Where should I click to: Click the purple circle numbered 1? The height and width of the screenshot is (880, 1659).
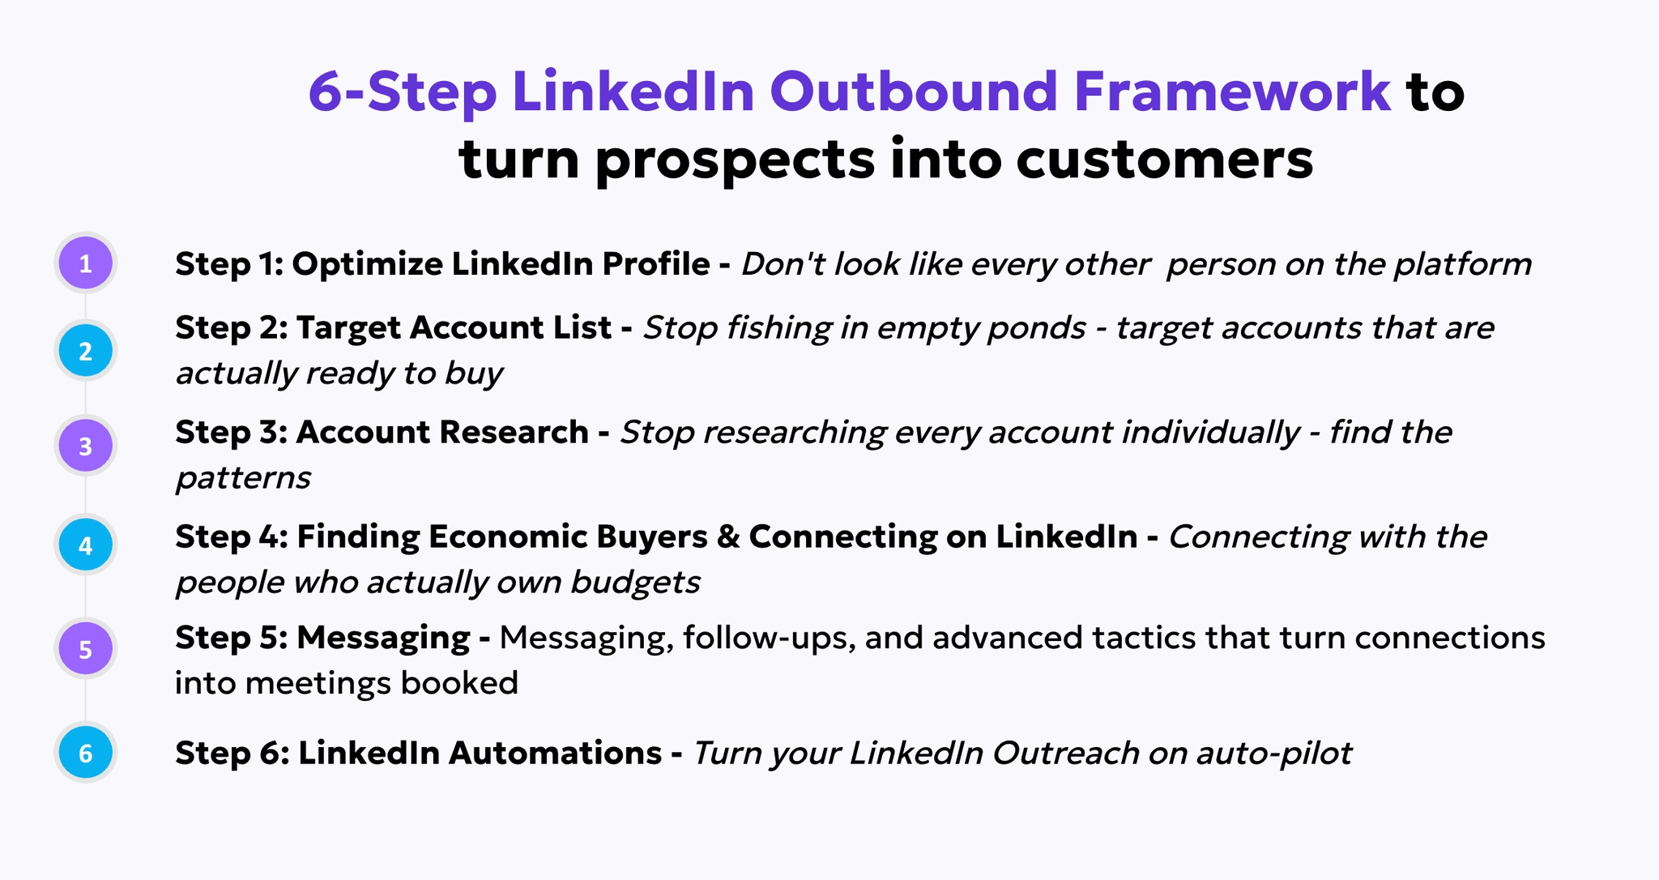tap(85, 263)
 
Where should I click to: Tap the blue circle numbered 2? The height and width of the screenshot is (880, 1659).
tap(85, 351)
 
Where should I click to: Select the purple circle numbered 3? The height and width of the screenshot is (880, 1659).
tap(85, 446)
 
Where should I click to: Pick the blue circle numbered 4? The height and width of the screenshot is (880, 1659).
tap(85, 545)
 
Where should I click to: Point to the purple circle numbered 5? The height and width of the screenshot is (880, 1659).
tap(85, 649)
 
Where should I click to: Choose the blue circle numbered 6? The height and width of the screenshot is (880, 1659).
tap(85, 753)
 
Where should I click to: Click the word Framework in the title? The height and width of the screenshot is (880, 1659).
tap(1232, 91)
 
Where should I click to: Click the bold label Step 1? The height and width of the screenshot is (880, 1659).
tap(228, 264)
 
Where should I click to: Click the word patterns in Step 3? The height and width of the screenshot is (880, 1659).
tap(243, 478)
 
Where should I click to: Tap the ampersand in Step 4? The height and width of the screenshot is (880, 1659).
tap(728, 536)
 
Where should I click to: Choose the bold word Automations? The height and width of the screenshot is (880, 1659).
tap(555, 753)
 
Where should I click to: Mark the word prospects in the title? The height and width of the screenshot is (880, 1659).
tap(735, 160)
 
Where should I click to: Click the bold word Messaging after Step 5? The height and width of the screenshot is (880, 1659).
tap(382, 639)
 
